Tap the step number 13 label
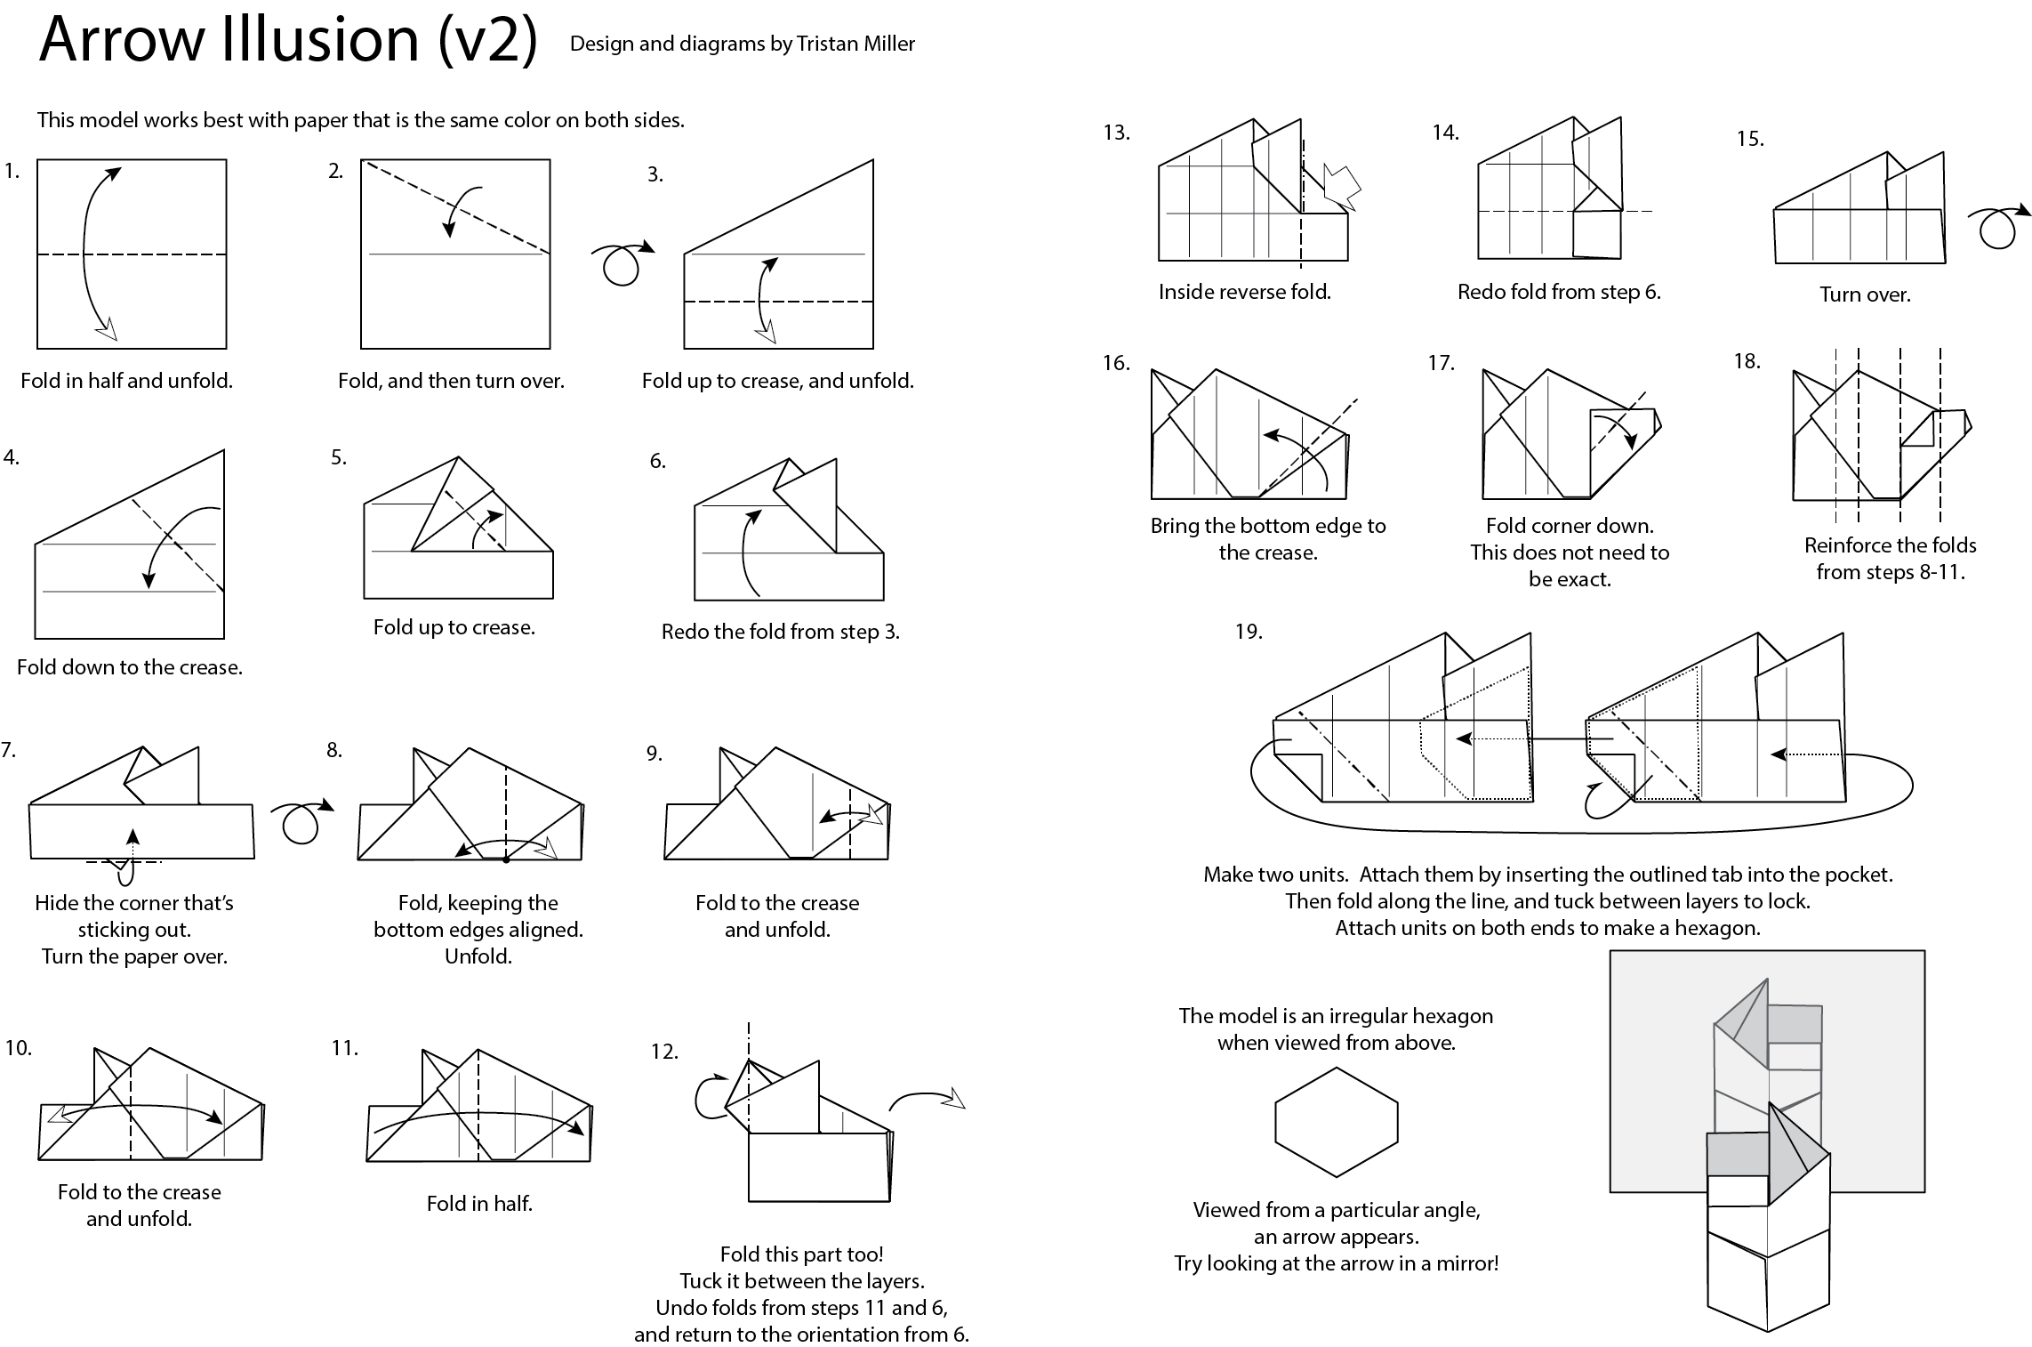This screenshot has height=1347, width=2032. [1116, 133]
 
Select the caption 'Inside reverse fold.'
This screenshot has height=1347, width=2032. [1244, 292]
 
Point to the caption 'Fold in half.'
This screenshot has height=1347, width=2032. [479, 1204]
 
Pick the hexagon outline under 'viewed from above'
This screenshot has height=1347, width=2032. [1337, 1123]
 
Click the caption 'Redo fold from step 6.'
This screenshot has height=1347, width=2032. [1559, 292]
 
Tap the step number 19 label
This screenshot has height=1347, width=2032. [1249, 632]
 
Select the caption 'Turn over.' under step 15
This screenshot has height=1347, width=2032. [1865, 294]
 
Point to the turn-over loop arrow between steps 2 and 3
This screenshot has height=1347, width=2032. [621, 262]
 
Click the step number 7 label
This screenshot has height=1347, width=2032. [9, 750]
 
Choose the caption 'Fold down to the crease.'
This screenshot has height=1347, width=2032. [130, 667]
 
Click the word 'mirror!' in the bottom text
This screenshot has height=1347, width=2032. [1466, 1263]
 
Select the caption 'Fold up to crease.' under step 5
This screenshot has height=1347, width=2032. [454, 627]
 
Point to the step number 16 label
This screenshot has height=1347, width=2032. [1116, 363]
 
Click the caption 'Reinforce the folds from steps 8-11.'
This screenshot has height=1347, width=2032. [1890, 559]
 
